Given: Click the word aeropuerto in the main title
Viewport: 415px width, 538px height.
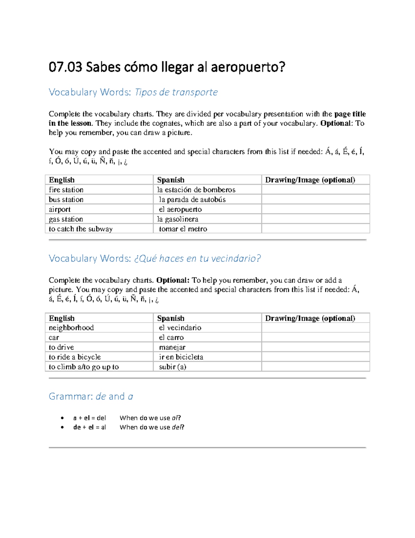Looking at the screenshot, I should (248, 67).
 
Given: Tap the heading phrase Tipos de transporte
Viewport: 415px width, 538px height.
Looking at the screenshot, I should (176, 92).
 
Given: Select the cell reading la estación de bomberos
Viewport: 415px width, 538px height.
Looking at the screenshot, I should (196, 190).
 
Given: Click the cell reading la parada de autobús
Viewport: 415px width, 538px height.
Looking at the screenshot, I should (192, 200).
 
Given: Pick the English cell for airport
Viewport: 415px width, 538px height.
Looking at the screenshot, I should (60, 209).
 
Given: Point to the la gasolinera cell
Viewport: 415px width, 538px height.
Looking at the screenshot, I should (178, 219).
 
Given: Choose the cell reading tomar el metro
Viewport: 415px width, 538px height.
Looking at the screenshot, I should (183, 229).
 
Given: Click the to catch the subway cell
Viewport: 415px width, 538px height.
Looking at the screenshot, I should (81, 229).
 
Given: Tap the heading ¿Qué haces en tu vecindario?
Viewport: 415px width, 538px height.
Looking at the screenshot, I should (197, 258).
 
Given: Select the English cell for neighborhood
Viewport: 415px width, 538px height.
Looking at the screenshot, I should (71, 328).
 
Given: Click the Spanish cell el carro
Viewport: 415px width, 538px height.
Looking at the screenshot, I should (171, 337).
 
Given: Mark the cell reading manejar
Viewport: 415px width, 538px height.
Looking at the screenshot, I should (172, 347).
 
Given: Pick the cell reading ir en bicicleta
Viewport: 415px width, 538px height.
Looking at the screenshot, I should (181, 357).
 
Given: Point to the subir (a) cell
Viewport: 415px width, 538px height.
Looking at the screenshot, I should (173, 367).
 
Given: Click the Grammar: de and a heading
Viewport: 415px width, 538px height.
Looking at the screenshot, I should (91, 396).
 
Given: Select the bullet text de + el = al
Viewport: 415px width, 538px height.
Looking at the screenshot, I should (90, 427).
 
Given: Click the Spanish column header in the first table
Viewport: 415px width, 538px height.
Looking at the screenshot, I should (171, 180).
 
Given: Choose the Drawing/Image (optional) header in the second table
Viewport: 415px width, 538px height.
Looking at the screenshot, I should (310, 318).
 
